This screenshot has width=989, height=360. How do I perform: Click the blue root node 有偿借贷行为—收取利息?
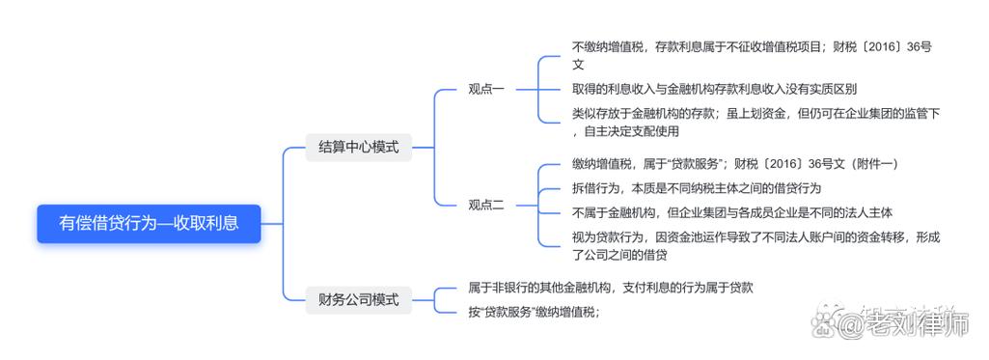coord(149,223)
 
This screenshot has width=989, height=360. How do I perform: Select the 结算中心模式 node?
coord(358,148)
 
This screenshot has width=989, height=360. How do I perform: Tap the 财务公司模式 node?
coord(358,298)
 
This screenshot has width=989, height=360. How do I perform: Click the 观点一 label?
coord(486,89)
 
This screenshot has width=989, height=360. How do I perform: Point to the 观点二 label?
coord(486,205)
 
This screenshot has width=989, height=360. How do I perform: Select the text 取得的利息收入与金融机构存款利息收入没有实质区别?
coord(714,89)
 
